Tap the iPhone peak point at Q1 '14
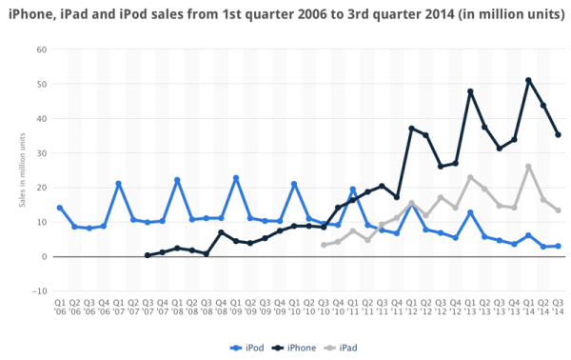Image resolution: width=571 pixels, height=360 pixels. [x=528, y=80]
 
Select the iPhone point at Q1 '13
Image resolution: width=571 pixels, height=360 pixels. [x=470, y=91]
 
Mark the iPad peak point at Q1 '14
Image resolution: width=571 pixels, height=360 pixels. [x=528, y=167]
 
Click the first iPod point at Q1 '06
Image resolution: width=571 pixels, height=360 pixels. [x=60, y=208]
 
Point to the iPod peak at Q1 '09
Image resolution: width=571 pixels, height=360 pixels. [x=236, y=178]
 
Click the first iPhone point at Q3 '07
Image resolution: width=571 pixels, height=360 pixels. [x=148, y=255]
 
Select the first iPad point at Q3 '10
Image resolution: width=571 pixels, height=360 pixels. [x=324, y=245]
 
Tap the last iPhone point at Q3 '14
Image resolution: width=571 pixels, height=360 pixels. [x=558, y=134]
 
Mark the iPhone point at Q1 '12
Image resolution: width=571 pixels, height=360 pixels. [x=411, y=128]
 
